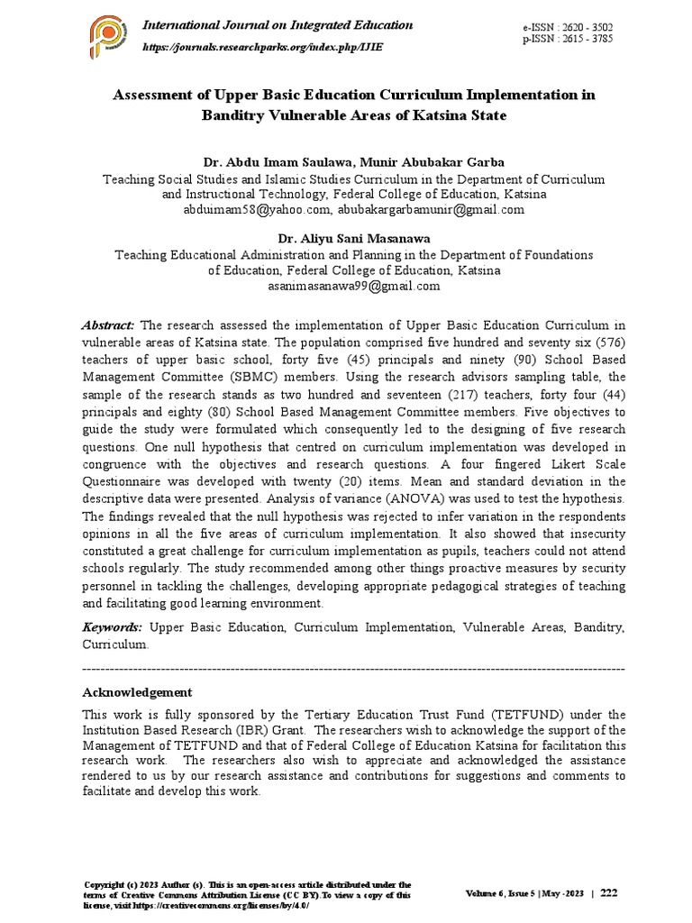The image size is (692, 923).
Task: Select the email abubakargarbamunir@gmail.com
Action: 431,209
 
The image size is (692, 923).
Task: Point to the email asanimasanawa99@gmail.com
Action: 353,286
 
